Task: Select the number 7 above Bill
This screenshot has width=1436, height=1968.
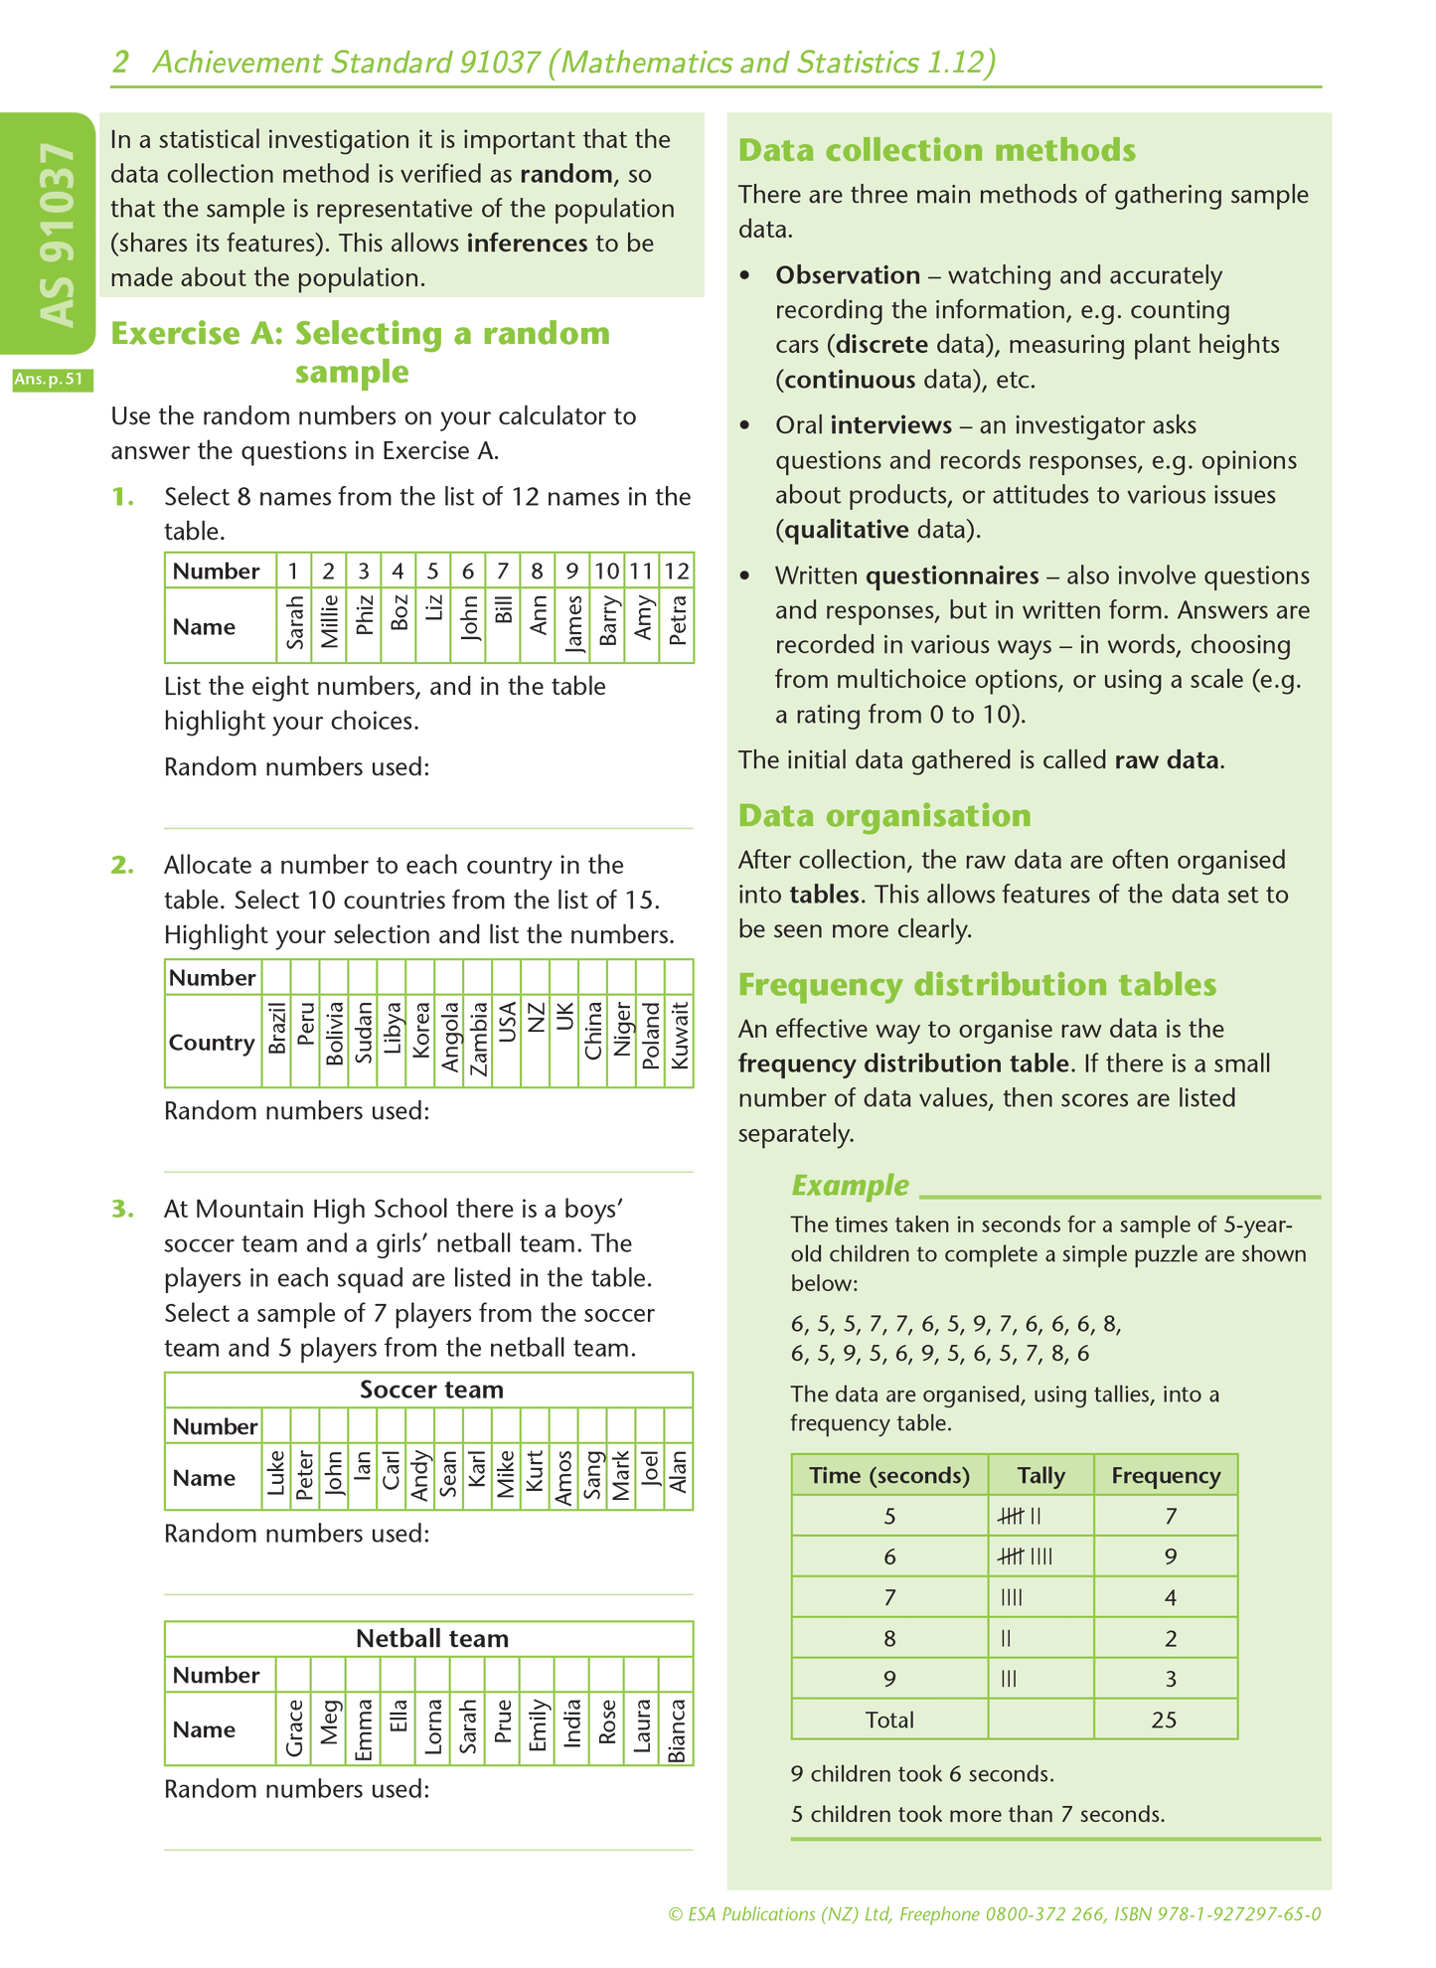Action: [x=503, y=571]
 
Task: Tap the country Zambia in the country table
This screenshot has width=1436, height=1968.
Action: [x=479, y=1040]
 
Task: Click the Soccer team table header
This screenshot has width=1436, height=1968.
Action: [x=430, y=1390]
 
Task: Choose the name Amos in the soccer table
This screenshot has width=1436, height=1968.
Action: [x=563, y=1477]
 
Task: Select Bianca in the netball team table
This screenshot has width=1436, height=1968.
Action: [x=677, y=1730]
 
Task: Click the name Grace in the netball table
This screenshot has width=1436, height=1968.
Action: [x=294, y=1730]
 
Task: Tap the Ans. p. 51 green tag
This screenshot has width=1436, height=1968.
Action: [x=53, y=380]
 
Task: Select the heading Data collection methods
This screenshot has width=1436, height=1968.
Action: [x=936, y=150]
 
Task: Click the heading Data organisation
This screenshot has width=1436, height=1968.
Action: [x=884, y=815]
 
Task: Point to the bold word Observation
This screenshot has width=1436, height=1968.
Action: [x=847, y=275]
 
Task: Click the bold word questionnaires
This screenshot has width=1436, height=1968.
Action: [x=951, y=575]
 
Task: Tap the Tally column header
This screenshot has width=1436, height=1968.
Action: [x=1040, y=1475]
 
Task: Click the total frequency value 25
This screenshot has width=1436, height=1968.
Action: [x=1164, y=1720]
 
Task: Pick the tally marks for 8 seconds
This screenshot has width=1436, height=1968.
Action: [x=1006, y=1638]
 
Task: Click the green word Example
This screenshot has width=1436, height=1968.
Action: [x=850, y=1185]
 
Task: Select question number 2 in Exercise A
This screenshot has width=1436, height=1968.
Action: [x=122, y=865]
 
